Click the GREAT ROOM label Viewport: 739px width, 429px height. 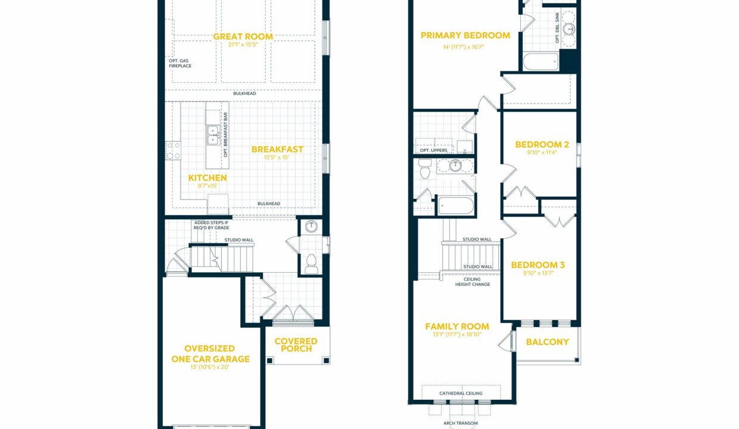pos(243,36)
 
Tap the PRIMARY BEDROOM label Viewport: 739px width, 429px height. pos(465,35)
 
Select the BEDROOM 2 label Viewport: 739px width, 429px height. pos(542,144)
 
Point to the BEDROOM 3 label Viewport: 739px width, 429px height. pos(538,265)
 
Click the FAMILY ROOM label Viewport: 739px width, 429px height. pos(457,327)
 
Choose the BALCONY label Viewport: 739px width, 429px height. pos(547,342)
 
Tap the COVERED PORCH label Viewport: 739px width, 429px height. pos(296,345)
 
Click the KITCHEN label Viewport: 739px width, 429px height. pos(207,178)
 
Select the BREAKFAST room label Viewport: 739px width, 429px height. pos(277,150)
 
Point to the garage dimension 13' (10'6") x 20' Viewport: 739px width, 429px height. pos(210,367)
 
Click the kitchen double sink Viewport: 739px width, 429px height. pos(213,135)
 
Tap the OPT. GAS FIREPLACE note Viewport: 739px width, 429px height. pos(180,63)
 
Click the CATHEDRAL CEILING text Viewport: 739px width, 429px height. pos(461,393)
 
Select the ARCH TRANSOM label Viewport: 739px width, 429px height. pos(460,423)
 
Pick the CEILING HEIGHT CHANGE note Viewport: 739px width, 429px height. pos(473,282)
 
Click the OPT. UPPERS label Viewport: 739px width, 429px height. pos(433,150)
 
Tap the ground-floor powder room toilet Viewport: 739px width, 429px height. pos(311,263)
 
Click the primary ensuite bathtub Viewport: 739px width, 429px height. pos(541,61)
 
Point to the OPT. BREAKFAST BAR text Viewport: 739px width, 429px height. pos(226,135)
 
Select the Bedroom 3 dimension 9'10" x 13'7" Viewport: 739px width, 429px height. pos(538,273)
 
